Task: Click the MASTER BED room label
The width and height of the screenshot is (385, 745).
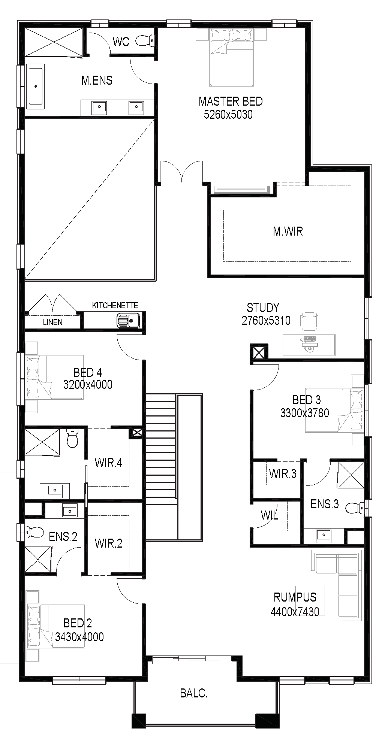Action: tap(231, 101)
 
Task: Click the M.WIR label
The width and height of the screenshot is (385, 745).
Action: tap(288, 231)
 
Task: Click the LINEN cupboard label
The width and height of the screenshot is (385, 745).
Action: tap(53, 322)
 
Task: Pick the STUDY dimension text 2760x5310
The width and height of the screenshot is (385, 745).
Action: tap(266, 321)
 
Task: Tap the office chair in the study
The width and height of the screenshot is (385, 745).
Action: tap(311, 321)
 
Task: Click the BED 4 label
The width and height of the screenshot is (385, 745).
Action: tap(88, 372)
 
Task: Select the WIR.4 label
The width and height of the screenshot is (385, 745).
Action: tap(108, 463)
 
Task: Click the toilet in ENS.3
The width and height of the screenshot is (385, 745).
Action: tap(354, 508)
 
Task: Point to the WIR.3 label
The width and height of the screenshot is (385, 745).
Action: tap(283, 474)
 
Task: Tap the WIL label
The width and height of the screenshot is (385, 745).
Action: tap(270, 515)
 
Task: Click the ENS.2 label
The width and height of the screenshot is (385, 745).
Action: tap(63, 537)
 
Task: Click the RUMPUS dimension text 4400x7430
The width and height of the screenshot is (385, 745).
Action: tap(295, 612)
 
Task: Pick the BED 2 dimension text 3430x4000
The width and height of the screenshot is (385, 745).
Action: tap(79, 637)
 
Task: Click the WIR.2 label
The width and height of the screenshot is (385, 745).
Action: tap(108, 543)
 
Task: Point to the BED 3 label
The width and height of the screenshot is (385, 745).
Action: tap(307, 400)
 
